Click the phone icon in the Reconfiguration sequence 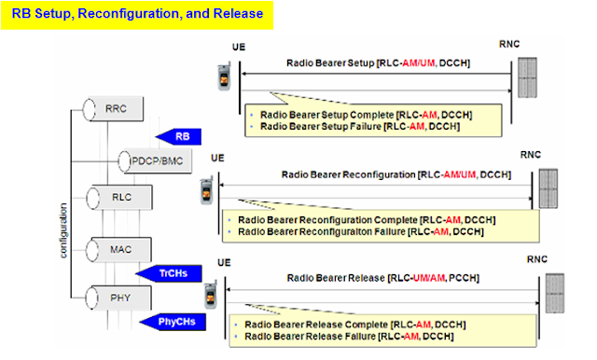206,191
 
